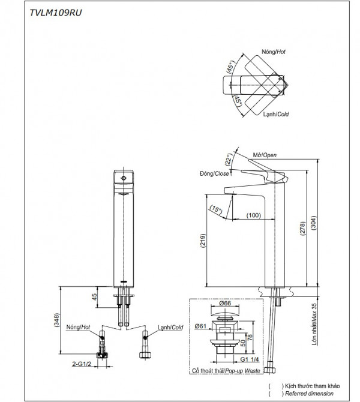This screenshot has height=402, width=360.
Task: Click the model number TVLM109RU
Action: [53, 13]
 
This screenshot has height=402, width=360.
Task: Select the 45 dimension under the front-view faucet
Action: [94, 296]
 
